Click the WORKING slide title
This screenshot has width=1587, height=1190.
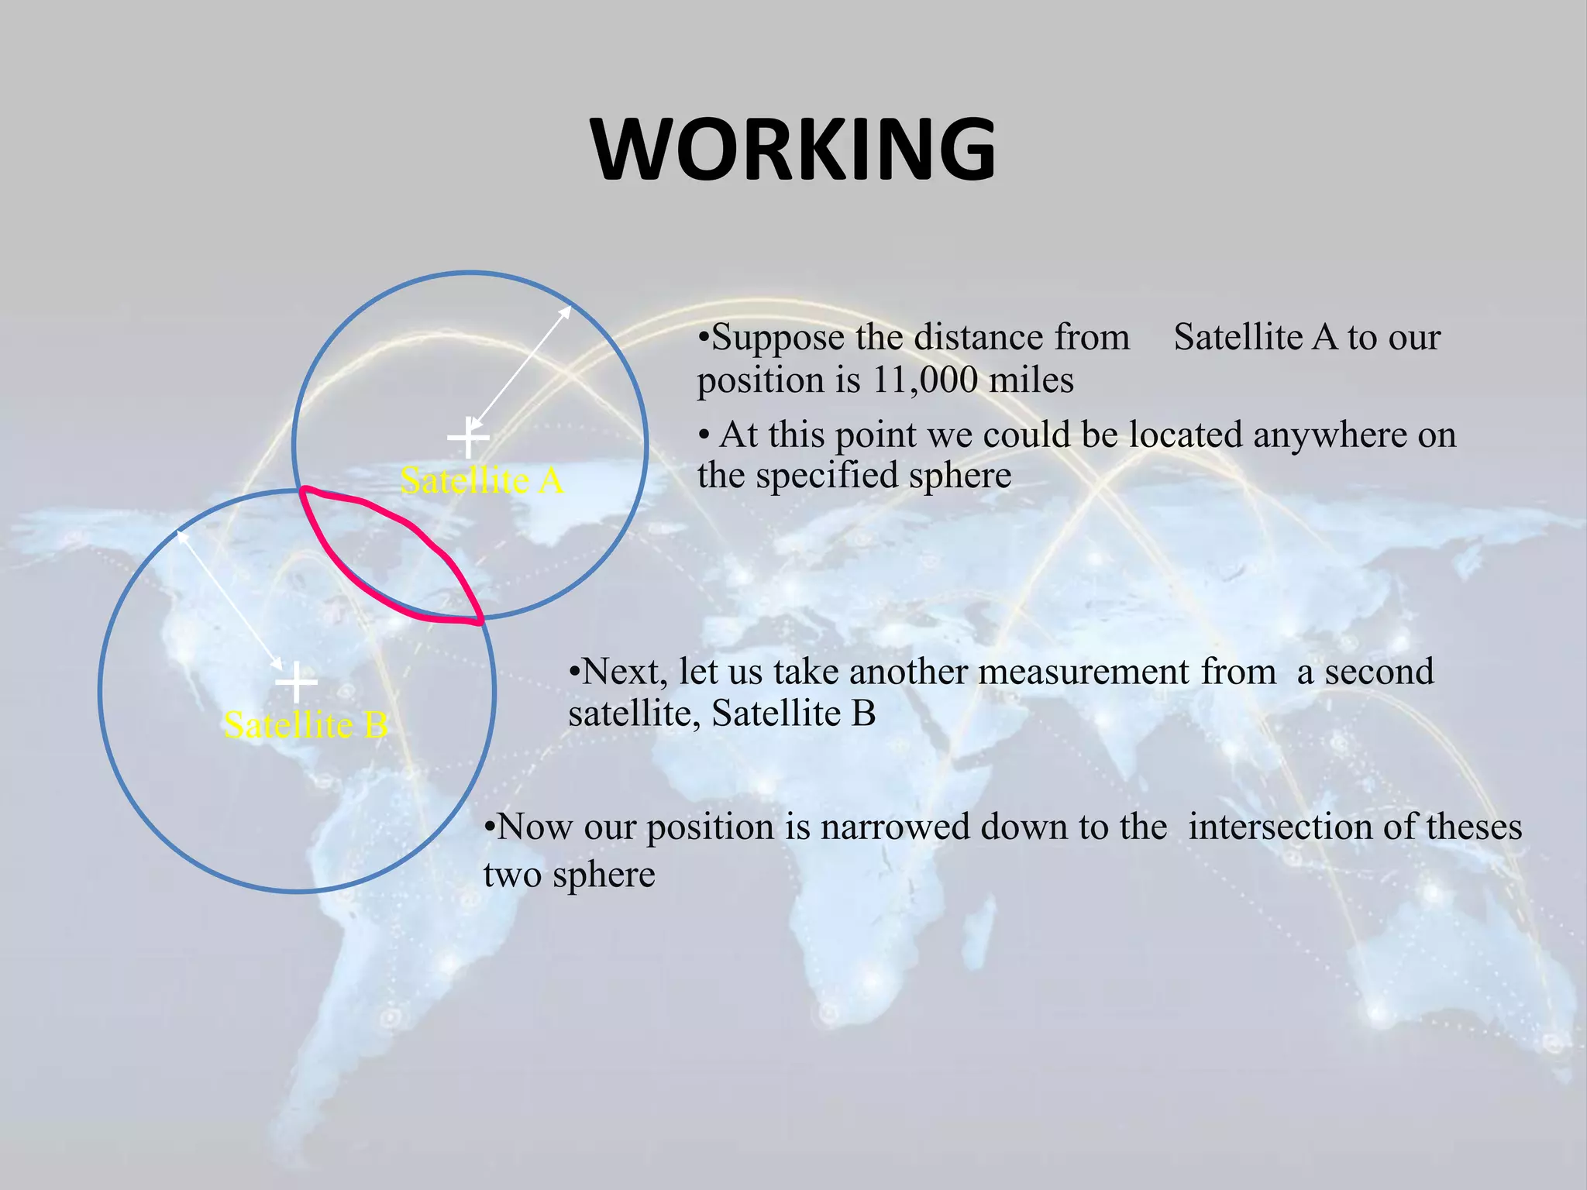click(793, 150)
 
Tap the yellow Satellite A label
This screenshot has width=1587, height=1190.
click(481, 481)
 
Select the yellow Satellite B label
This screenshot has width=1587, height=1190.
click(305, 726)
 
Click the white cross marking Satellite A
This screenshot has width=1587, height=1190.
click(468, 439)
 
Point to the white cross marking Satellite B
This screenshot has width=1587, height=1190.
click(296, 682)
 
